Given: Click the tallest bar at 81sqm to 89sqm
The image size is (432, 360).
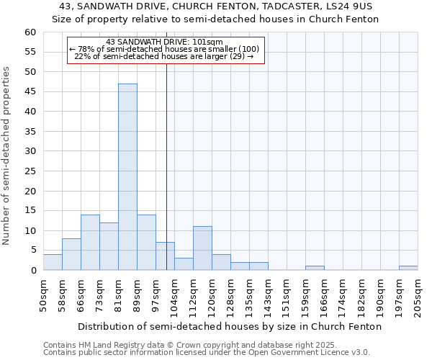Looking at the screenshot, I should tap(127, 177).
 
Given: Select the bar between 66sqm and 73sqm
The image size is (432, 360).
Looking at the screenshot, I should tap(90, 243).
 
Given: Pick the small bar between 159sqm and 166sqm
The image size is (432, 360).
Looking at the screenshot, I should tap(315, 268).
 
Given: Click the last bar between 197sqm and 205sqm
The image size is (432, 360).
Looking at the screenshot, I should tap(408, 268).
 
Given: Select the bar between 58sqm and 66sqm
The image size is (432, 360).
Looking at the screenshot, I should tap(71, 254).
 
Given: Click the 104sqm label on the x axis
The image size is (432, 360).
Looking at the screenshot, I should tap(174, 294).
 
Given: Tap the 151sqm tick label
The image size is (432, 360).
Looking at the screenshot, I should tap(286, 294).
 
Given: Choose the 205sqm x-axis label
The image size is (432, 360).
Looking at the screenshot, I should tap(417, 294).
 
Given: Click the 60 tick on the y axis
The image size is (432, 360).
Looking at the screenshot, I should tap(30, 32).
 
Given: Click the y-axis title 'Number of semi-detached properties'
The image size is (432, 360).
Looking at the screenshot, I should tap(7, 156).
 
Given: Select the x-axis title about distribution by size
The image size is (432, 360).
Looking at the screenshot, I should tap(229, 326).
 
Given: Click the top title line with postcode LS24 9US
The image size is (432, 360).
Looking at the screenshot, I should tap(216, 6).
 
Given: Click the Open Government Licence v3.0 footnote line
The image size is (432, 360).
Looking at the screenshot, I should tap(207, 352).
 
